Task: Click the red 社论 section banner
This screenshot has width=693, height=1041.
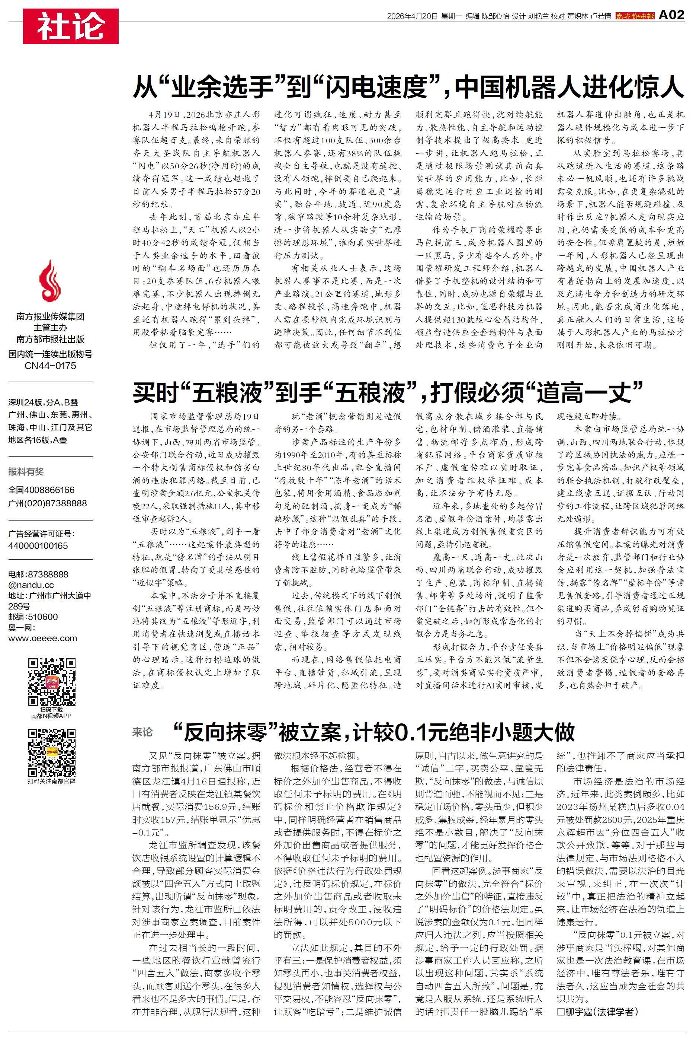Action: point(71,26)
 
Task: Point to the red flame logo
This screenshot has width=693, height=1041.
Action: point(50,281)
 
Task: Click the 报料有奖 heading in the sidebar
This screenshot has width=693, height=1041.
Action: point(26,471)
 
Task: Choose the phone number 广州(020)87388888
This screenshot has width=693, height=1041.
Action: point(47,503)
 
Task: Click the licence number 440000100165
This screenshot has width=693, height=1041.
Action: point(38,546)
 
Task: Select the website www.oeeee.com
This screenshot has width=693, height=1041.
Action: point(42,638)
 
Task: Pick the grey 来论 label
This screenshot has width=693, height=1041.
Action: point(142,732)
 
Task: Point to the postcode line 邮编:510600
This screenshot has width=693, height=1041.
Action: point(33,617)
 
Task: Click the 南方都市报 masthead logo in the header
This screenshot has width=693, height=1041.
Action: point(635,16)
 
